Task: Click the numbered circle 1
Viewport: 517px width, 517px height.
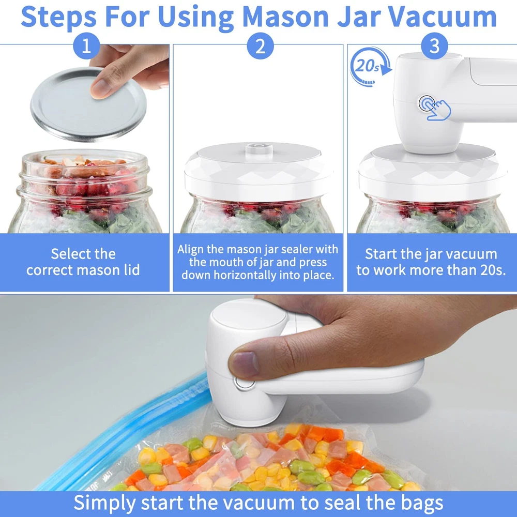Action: point(86,46)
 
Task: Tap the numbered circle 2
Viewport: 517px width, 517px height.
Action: point(260,46)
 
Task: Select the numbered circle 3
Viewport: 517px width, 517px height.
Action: point(434,46)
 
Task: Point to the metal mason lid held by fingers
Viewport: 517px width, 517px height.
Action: point(88,104)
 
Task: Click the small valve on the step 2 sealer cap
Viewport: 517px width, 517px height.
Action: point(259,149)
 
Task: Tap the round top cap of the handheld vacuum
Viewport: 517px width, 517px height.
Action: point(249,314)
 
